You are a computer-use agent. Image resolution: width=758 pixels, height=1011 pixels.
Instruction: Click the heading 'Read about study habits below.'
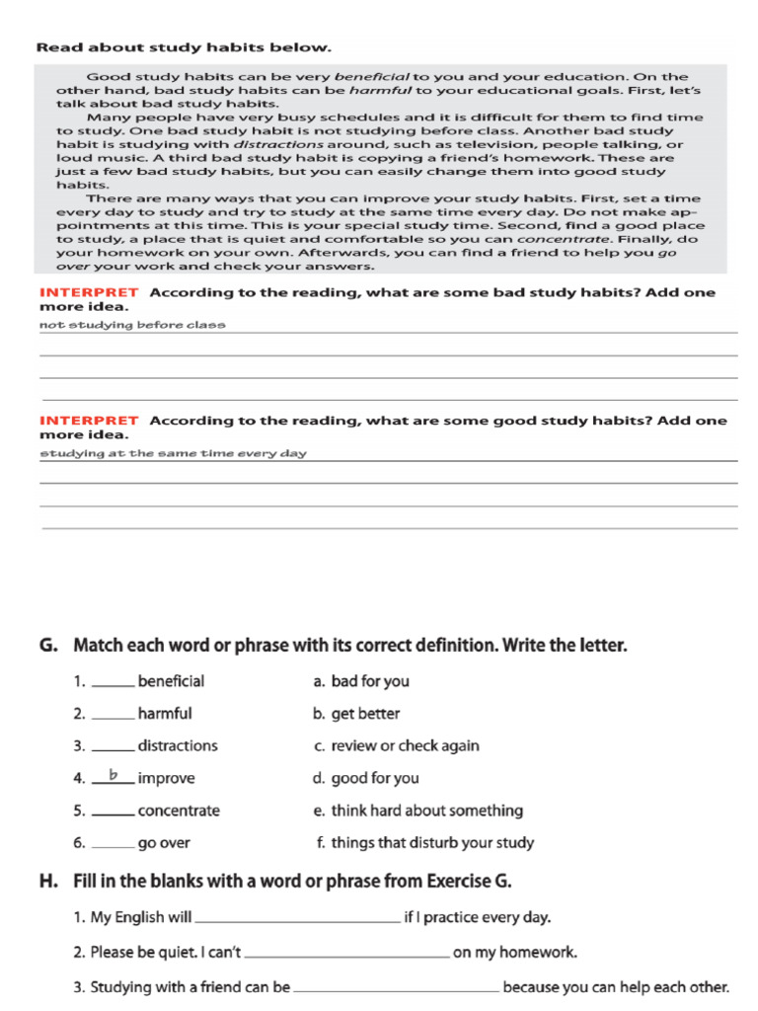tap(184, 47)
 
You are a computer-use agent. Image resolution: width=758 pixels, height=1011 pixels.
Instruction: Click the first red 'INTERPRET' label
tap(89, 293)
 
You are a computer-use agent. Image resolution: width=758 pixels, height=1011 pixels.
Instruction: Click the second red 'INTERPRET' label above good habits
tap(89, 421)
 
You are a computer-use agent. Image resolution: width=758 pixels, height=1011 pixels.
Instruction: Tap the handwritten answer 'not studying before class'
tap(132, 325)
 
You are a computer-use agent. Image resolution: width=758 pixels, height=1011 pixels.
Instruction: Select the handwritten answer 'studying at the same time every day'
tap(173, 453)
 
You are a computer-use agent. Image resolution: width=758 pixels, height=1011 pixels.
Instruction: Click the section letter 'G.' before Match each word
tap(48, 647)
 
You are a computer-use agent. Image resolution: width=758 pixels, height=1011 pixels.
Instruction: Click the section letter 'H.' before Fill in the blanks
tap(49, 881)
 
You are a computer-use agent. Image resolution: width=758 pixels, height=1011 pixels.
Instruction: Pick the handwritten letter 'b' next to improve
tap(114, 776)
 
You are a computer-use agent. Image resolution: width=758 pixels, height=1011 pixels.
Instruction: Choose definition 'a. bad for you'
tap(360, 681)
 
